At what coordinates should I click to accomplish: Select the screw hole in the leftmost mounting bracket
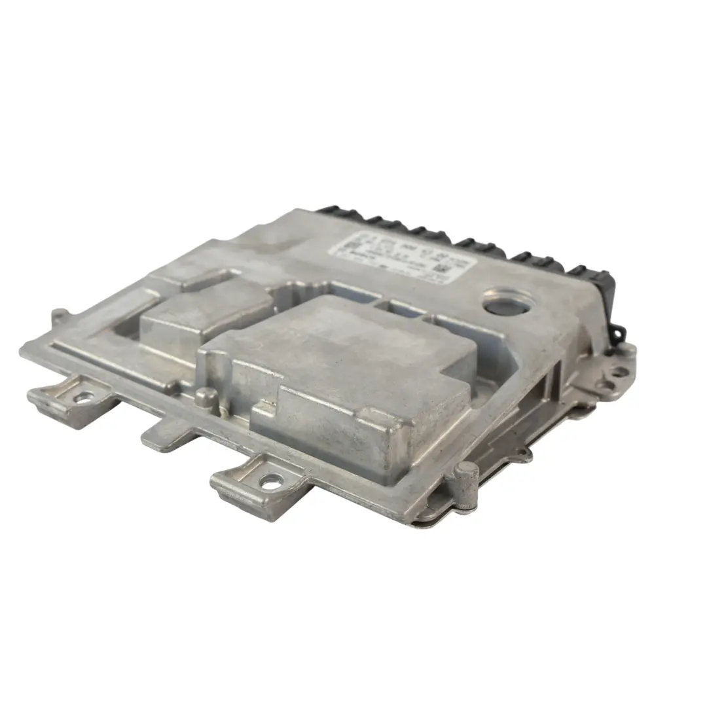pyautogui.click(x=84, y=397)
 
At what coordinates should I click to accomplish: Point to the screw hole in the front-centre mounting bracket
pyautogui.click(x=270, y=483)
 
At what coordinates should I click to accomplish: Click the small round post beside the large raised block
pyautogui.click(x=207, y=395)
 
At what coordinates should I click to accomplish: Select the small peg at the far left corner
pyautogui.click(x=59, y=316)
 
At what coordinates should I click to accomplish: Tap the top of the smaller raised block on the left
pyautogui.click(x=203, y=308)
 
